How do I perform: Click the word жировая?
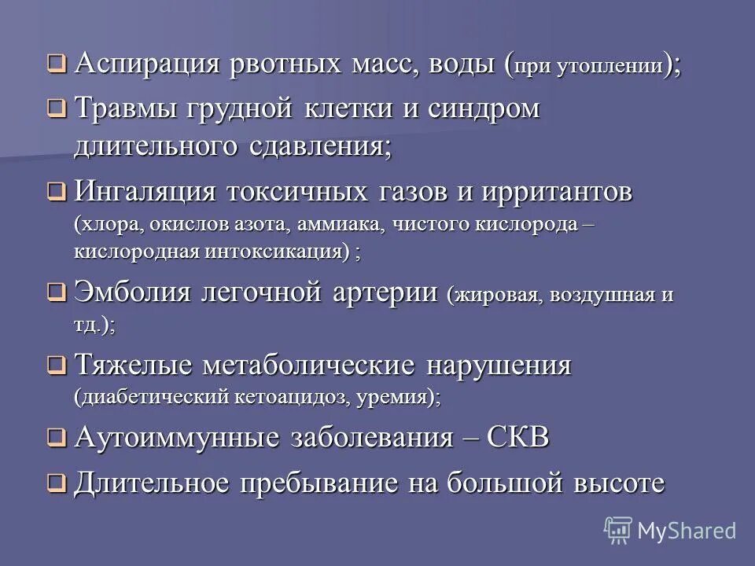coord(495,296)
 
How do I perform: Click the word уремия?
coord(396,398)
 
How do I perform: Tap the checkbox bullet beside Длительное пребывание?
coord(56,483)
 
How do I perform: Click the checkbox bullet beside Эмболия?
coord(56,294)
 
